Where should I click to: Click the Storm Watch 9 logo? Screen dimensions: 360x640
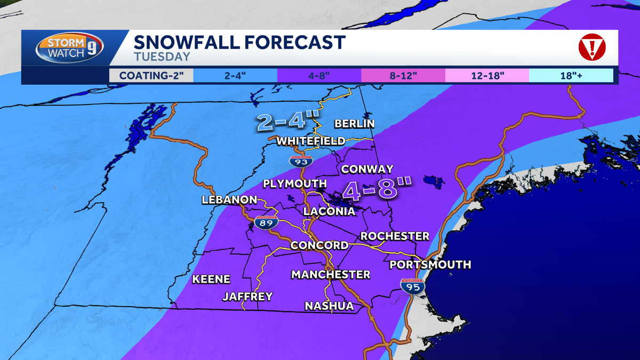tap(69, 48)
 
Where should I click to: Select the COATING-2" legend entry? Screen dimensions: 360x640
tap(151, 75)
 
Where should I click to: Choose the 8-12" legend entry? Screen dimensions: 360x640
tap(403, 75)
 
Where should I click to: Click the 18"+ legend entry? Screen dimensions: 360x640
tap(571, 75)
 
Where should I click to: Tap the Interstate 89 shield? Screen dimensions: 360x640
tap(265, 222)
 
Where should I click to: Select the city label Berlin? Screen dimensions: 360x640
tap(354, 124)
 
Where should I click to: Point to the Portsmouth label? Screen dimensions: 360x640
tap(430, 265)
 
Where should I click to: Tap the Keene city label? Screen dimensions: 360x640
tap(211, 279)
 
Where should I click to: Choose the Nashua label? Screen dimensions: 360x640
tap(329, 306)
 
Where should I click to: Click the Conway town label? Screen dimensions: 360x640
tap(367, 169)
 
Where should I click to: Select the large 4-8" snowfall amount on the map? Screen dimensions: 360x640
tap(378, 190)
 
